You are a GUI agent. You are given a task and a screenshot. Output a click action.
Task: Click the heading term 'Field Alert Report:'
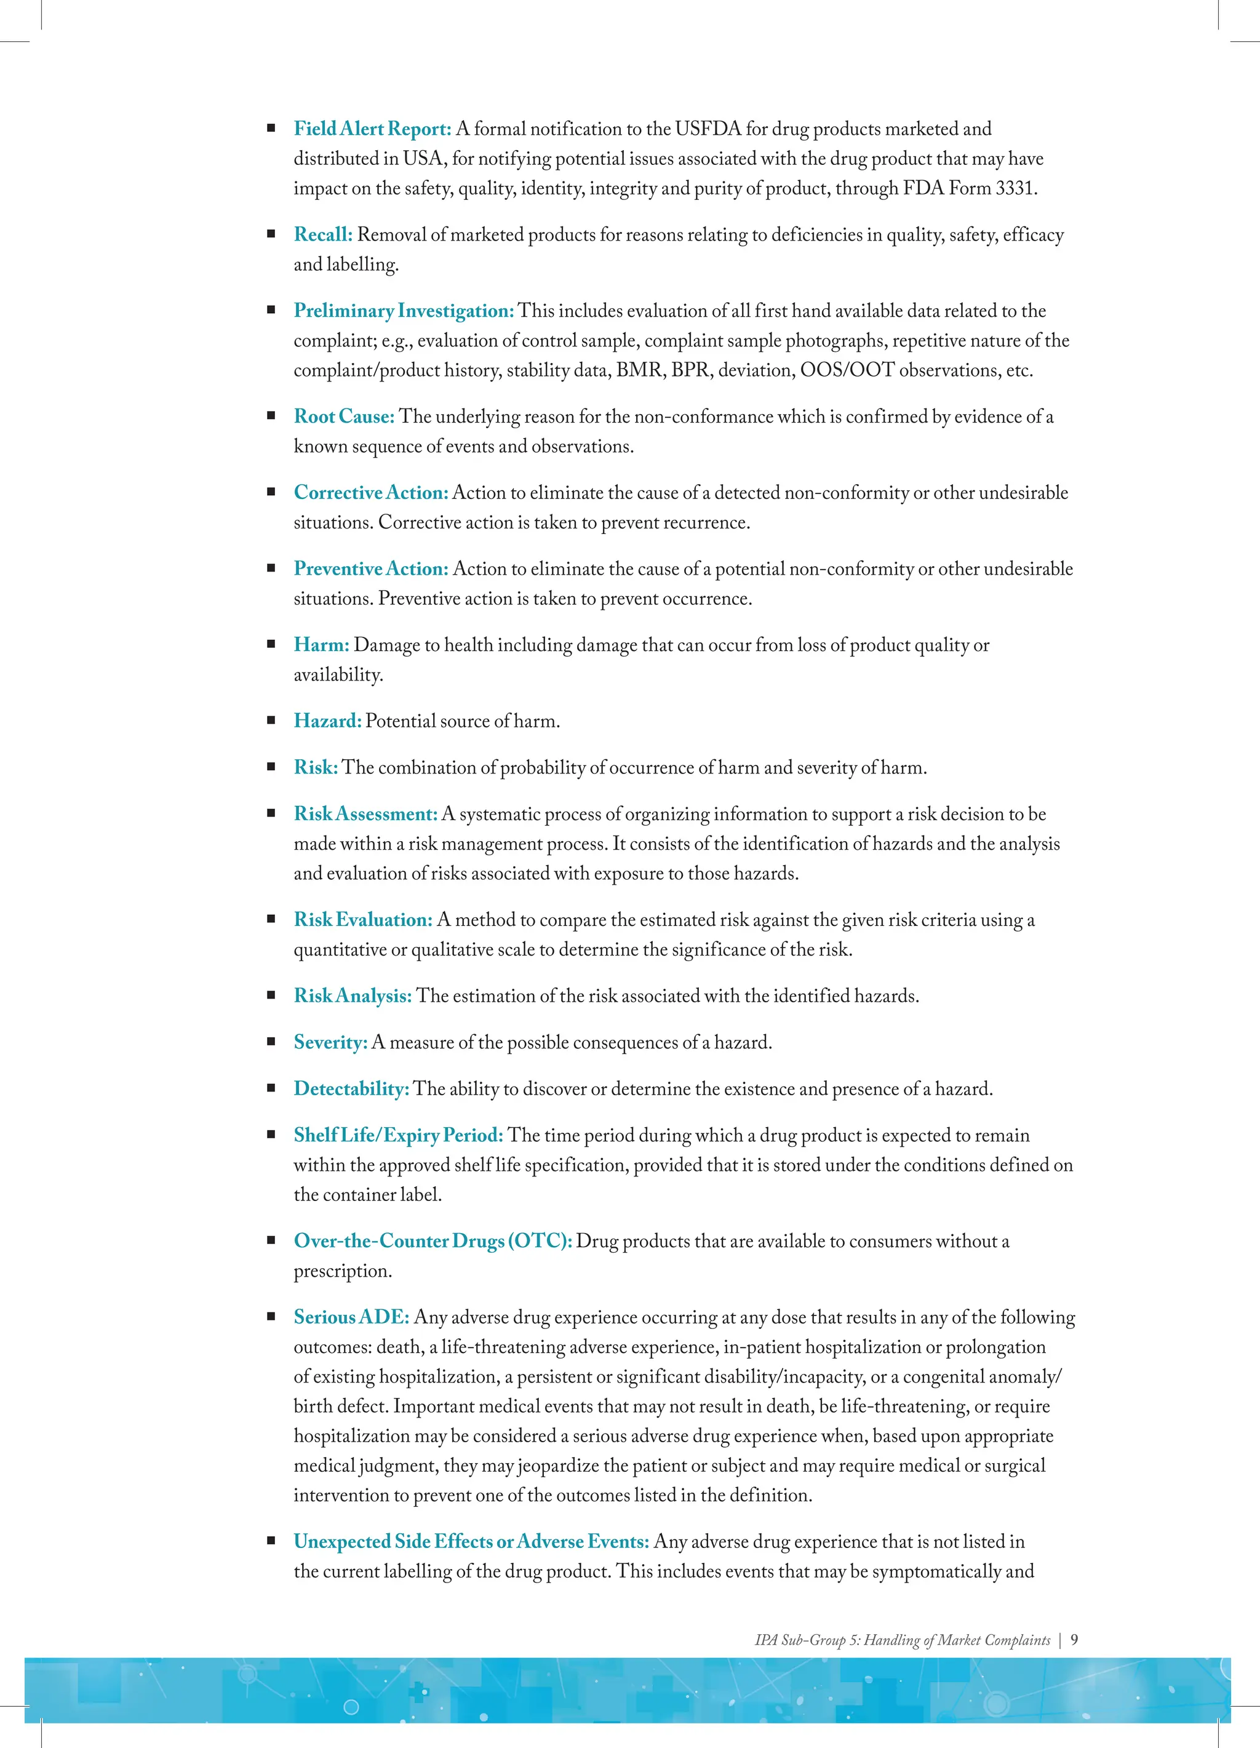pyautogui.click(x=372, y=129)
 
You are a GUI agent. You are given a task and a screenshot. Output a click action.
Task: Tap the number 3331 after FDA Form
pyautogui.click(x=1015, y=188)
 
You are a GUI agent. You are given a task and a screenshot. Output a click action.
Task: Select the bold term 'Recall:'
pyautogui.click(x=323, y=234)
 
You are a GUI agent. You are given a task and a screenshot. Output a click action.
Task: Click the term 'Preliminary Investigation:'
pyautogui.click(x=403, y=311)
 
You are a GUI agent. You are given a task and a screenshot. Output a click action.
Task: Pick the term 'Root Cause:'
pyautogui.click(x=344, y=416)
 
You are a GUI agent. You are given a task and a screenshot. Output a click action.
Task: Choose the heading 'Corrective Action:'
pyautogui.click(x=371, y=492)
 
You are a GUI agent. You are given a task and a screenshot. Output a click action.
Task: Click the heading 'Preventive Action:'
pyautogui.click(x=371, y=569)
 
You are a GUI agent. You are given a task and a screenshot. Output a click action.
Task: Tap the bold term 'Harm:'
pyautogui.click(x=321, y=645)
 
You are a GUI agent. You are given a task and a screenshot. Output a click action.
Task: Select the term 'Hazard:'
pyautogui.click(x=327, y=721)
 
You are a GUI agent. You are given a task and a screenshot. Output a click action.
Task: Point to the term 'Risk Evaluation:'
pyautogui.click(x=363, y=919)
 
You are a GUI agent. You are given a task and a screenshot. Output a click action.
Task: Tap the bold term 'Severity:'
pyautogui.click(x=330, y=1042)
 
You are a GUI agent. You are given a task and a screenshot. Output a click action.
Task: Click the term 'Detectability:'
pyautogui.click(x=351, y=1088)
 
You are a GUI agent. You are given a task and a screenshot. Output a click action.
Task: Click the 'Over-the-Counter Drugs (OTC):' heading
pyautogui.click(x=433, y=1241)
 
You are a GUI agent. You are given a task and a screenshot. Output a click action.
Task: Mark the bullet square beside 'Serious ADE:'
pyautogui.click(x=271, y=1317)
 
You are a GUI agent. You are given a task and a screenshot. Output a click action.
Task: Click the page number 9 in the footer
pyautogui.click(x=1074, y=1639)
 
